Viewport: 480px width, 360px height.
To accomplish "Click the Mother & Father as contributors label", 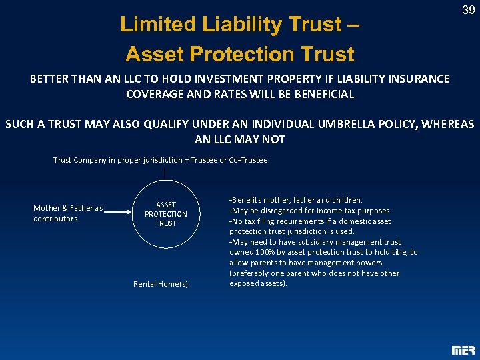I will click(x=67, y=213).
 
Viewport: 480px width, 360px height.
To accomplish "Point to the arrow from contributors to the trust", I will click(x=120, y=213).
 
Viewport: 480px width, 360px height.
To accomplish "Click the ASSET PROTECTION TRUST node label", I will click(x=165, y=214).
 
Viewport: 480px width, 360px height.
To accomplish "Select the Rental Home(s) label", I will click(x=160, y=284).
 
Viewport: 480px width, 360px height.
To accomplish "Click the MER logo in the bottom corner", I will click(x=463, y=349).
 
